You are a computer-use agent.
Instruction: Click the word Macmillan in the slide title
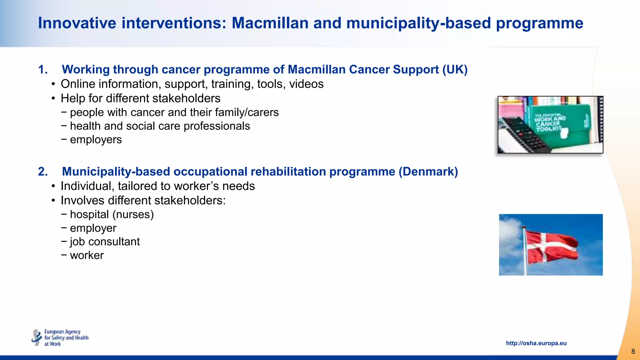point(270,23)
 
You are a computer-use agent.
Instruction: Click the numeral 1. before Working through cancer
point(43,69)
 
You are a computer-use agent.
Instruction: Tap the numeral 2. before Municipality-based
point(43,172)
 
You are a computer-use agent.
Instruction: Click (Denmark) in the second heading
point(428,172)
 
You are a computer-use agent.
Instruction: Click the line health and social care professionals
point(160,126)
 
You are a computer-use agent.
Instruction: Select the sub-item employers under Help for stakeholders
point(96,140)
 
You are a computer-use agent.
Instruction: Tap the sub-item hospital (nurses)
point(112,214)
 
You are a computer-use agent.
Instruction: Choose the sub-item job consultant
point(105,242)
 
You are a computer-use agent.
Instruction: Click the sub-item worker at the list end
point(87,255)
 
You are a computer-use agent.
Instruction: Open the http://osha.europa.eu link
point(536,343)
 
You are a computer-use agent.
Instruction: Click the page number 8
point(633,352)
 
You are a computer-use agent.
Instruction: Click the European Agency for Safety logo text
point(66,337)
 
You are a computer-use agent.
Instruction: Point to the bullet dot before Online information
point(54,84)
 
